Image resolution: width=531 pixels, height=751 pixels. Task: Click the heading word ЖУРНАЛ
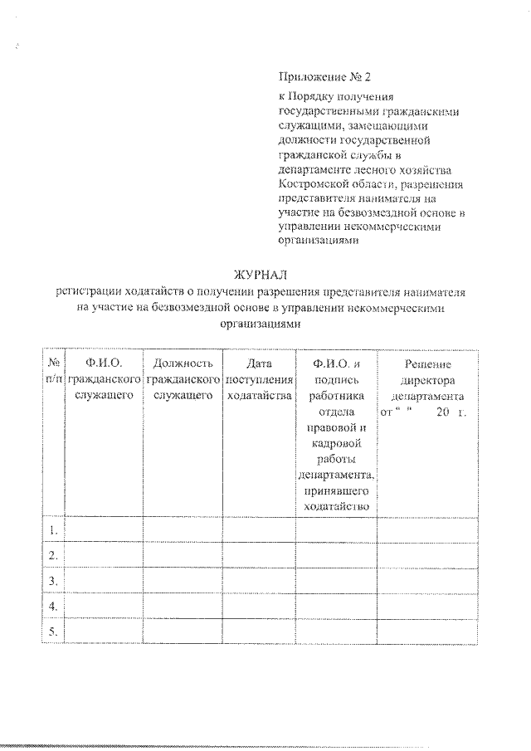265,276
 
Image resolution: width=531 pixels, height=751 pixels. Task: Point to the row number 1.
53,529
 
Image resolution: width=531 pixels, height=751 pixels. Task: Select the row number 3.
53,580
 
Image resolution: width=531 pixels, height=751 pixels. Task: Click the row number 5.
53,632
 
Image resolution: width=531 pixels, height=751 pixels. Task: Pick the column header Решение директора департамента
428,379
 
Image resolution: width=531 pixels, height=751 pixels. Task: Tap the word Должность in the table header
183,363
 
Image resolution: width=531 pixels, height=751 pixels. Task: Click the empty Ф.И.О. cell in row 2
104,554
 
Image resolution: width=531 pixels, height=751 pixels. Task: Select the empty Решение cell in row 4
428,606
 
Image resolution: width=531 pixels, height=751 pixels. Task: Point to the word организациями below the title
265,324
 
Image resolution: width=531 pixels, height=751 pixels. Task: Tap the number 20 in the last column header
441,412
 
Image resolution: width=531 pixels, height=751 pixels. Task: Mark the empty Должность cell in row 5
183,632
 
